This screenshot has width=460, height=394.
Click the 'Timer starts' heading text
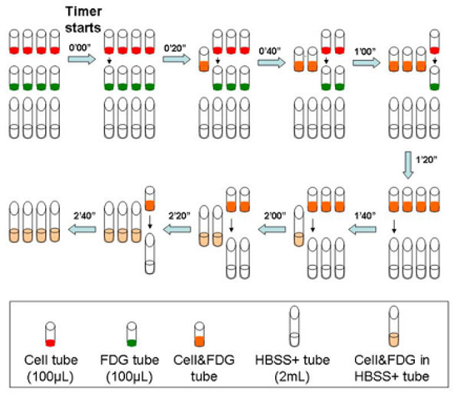point(83,20)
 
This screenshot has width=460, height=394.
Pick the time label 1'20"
point(427,160)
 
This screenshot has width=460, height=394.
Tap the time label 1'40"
point(365,216)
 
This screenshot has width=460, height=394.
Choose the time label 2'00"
point(275,216)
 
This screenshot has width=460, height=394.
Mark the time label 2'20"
point(179,216)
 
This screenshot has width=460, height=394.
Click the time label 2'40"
point(84,216)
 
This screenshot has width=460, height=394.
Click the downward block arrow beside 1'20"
point(408,165)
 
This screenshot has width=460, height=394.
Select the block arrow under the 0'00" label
point(82,59)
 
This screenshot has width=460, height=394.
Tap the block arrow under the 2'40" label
point(82,229)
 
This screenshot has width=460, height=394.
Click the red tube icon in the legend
point(51,334)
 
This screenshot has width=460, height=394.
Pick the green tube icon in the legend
point(132,334)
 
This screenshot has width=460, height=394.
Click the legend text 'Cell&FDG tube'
point(204,368)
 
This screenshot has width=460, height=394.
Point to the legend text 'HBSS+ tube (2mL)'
point(292,368)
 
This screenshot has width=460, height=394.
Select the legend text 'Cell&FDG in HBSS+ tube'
point(392,368)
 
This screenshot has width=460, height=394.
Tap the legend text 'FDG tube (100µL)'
point(129,369)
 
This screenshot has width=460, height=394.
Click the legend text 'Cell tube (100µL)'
point(51,369)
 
